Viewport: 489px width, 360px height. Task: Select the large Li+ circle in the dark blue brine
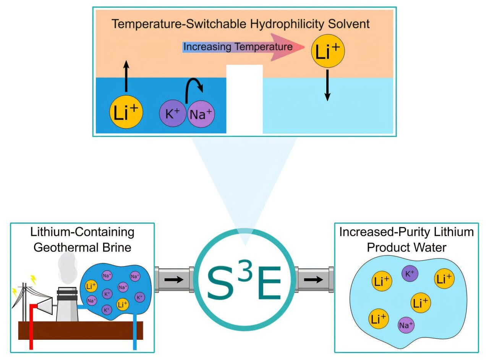pos(126,112)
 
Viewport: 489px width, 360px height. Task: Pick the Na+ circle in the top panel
pos(200,114)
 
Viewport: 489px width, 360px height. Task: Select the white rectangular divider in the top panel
pos(244,99)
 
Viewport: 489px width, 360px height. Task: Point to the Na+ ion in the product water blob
pos(406,325)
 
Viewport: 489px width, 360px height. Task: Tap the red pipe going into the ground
pos(31,328)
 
